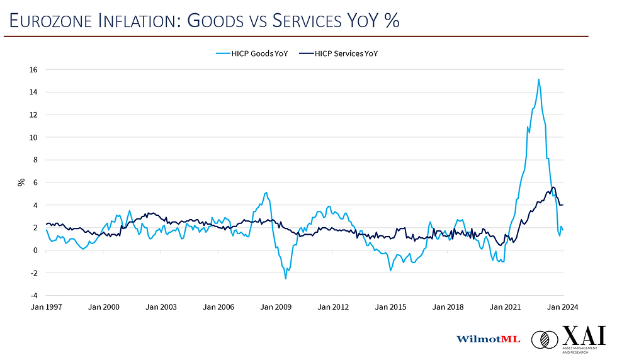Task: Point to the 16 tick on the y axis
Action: (x=33, y=69)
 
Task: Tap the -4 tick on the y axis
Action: (x=33, y=295)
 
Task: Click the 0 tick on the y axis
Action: (x=35, y=250)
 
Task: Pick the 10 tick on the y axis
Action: (x=33, y=137)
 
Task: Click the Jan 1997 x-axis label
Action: (x=46, y=307)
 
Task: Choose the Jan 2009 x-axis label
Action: (x=275, y=307)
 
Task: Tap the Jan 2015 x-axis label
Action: (x=390, y=307)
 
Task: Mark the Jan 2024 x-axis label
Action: (x=562, y=307)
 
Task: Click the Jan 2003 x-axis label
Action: (x=161, y=307)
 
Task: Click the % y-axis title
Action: (x=21, y=183)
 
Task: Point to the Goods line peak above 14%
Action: (x=539, y=80)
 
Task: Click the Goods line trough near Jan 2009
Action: (x=285, y=278)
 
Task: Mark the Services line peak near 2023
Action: (x=553, y=187)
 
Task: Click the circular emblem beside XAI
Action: (x=545, y=340)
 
